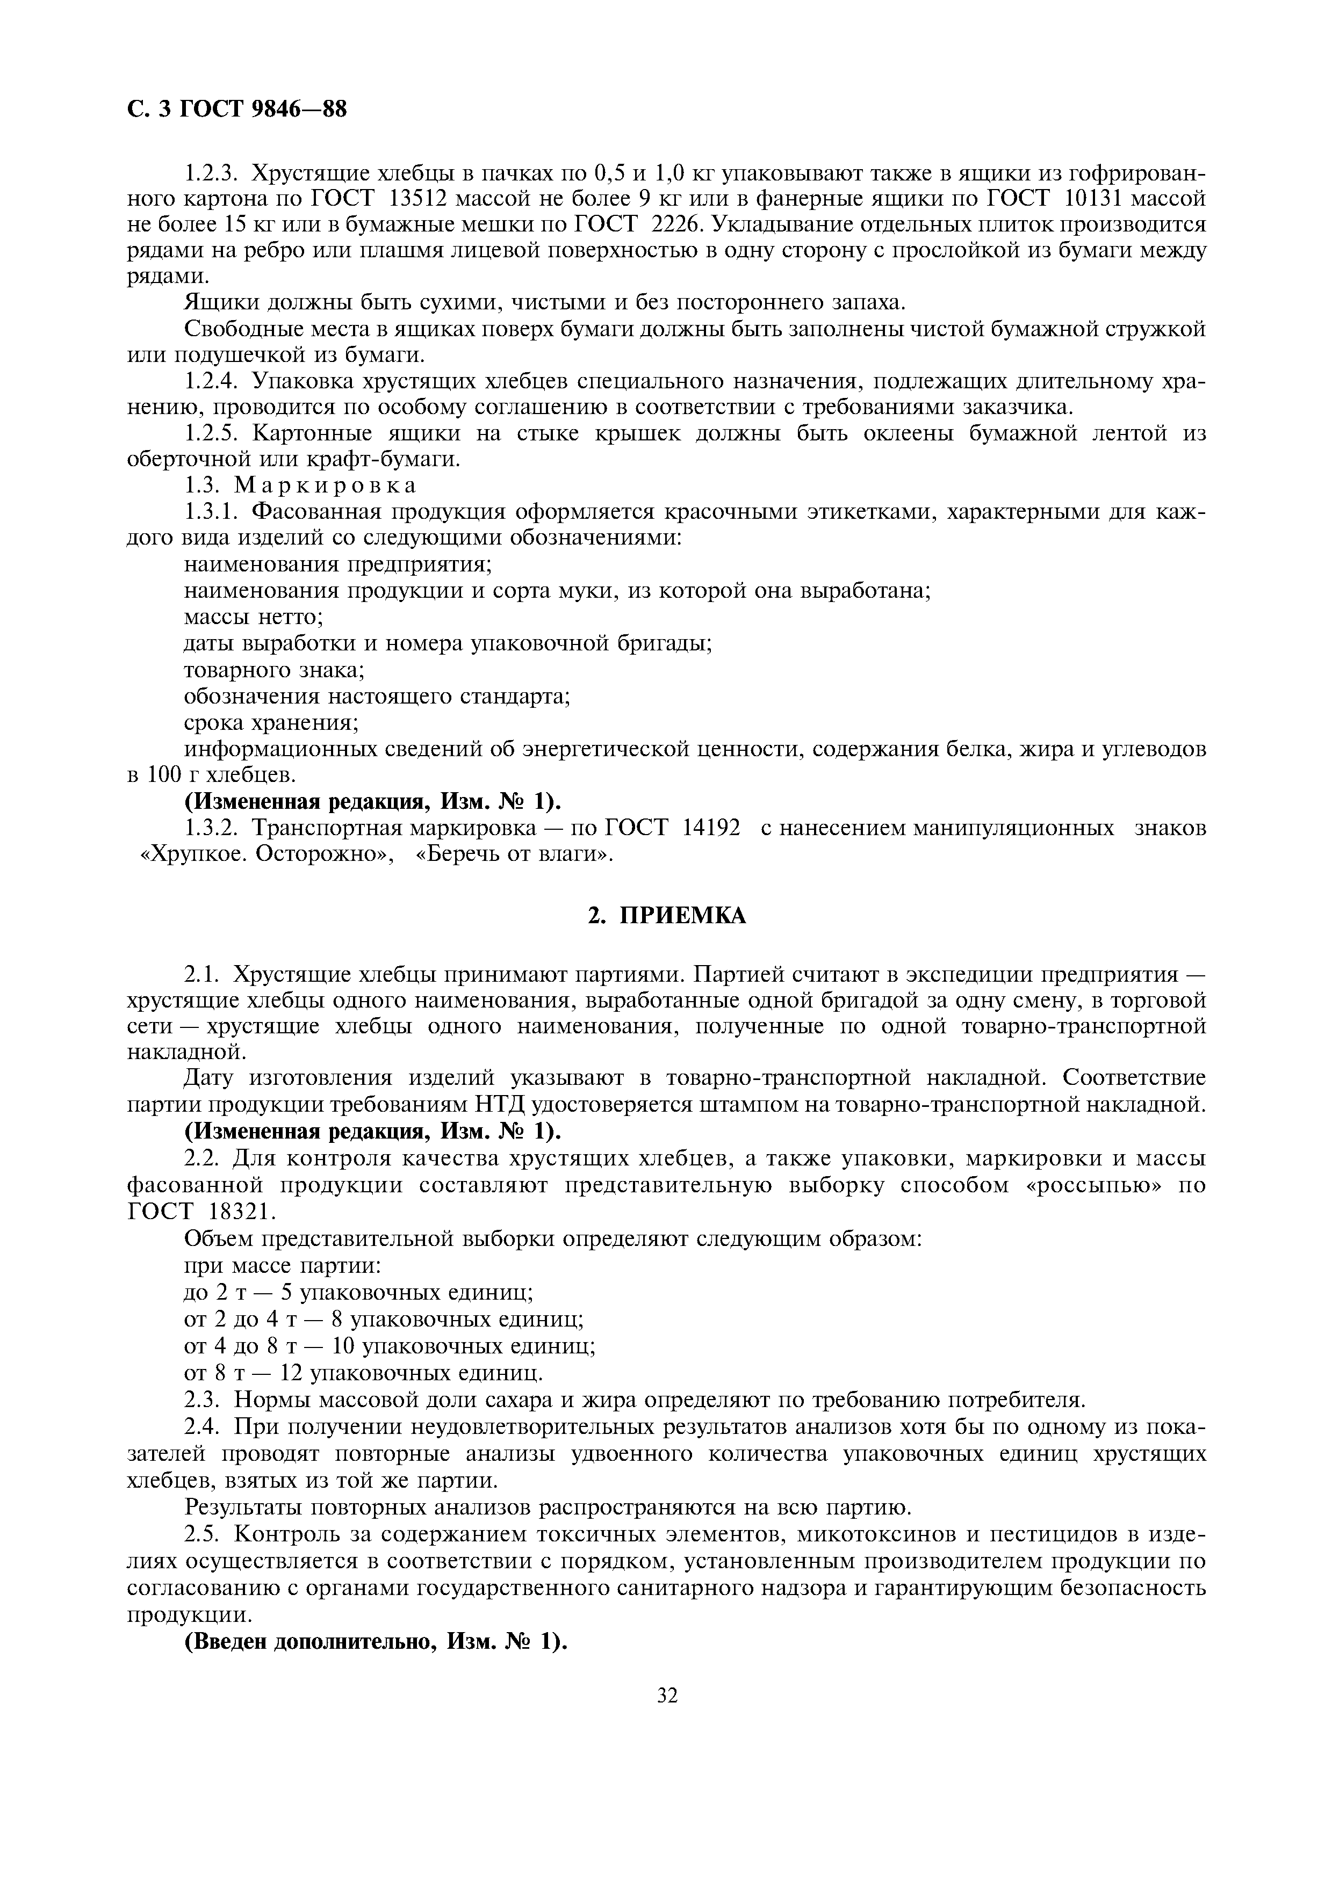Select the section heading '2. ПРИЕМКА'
pyautogui.click(x=666, y=916)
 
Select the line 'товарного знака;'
pyautogui.click(x=274, y=670)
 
